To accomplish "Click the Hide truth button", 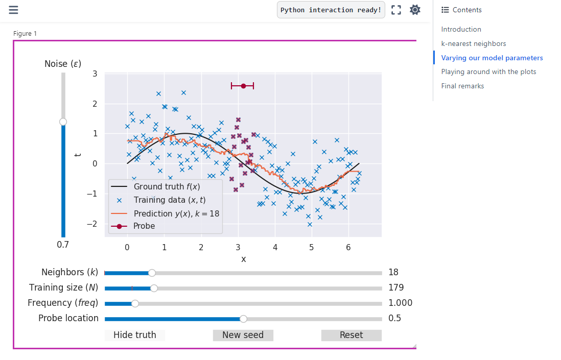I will point(134,335).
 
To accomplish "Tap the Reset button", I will point(351,335).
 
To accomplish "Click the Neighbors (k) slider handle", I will point(152,273).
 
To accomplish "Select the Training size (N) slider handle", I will point(154,288).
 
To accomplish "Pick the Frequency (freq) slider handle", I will point(135,303).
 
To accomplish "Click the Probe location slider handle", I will point(243,319).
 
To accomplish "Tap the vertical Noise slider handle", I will point(63,122).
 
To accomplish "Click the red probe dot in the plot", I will point(243,86).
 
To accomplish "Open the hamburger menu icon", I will point(13,10).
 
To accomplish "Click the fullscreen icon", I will point(396,10).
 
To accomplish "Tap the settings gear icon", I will point(415,10).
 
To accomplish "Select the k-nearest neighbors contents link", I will point(474,44).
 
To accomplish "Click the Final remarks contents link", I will point(462,86).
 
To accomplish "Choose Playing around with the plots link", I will point(488,72).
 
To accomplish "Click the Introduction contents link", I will point(461,30).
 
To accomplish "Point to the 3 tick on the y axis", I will point(95,74).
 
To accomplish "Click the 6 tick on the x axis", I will point(348,247).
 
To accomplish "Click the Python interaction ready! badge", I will point(331,10).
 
